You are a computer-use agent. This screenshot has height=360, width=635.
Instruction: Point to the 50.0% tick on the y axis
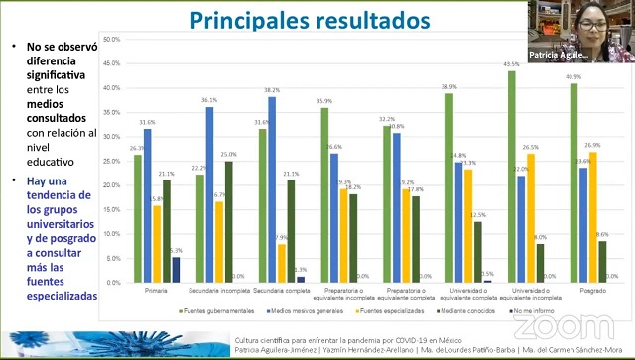(x=112, y=40)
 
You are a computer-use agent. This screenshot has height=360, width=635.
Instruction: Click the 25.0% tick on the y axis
(x=112, y=161)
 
